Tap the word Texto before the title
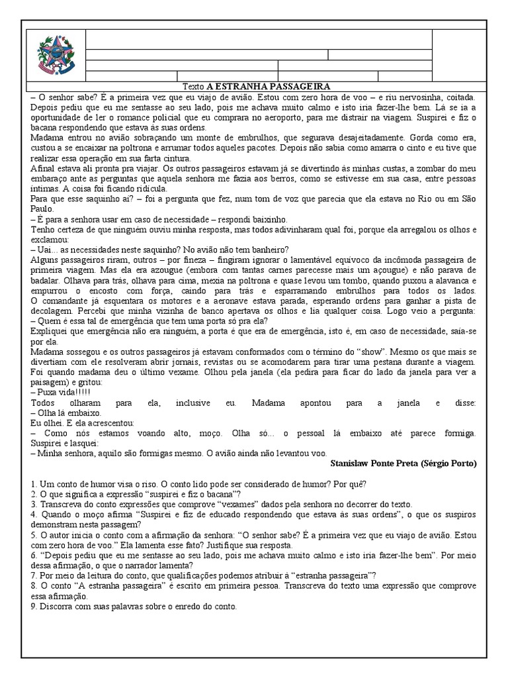(x=193, y=86)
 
